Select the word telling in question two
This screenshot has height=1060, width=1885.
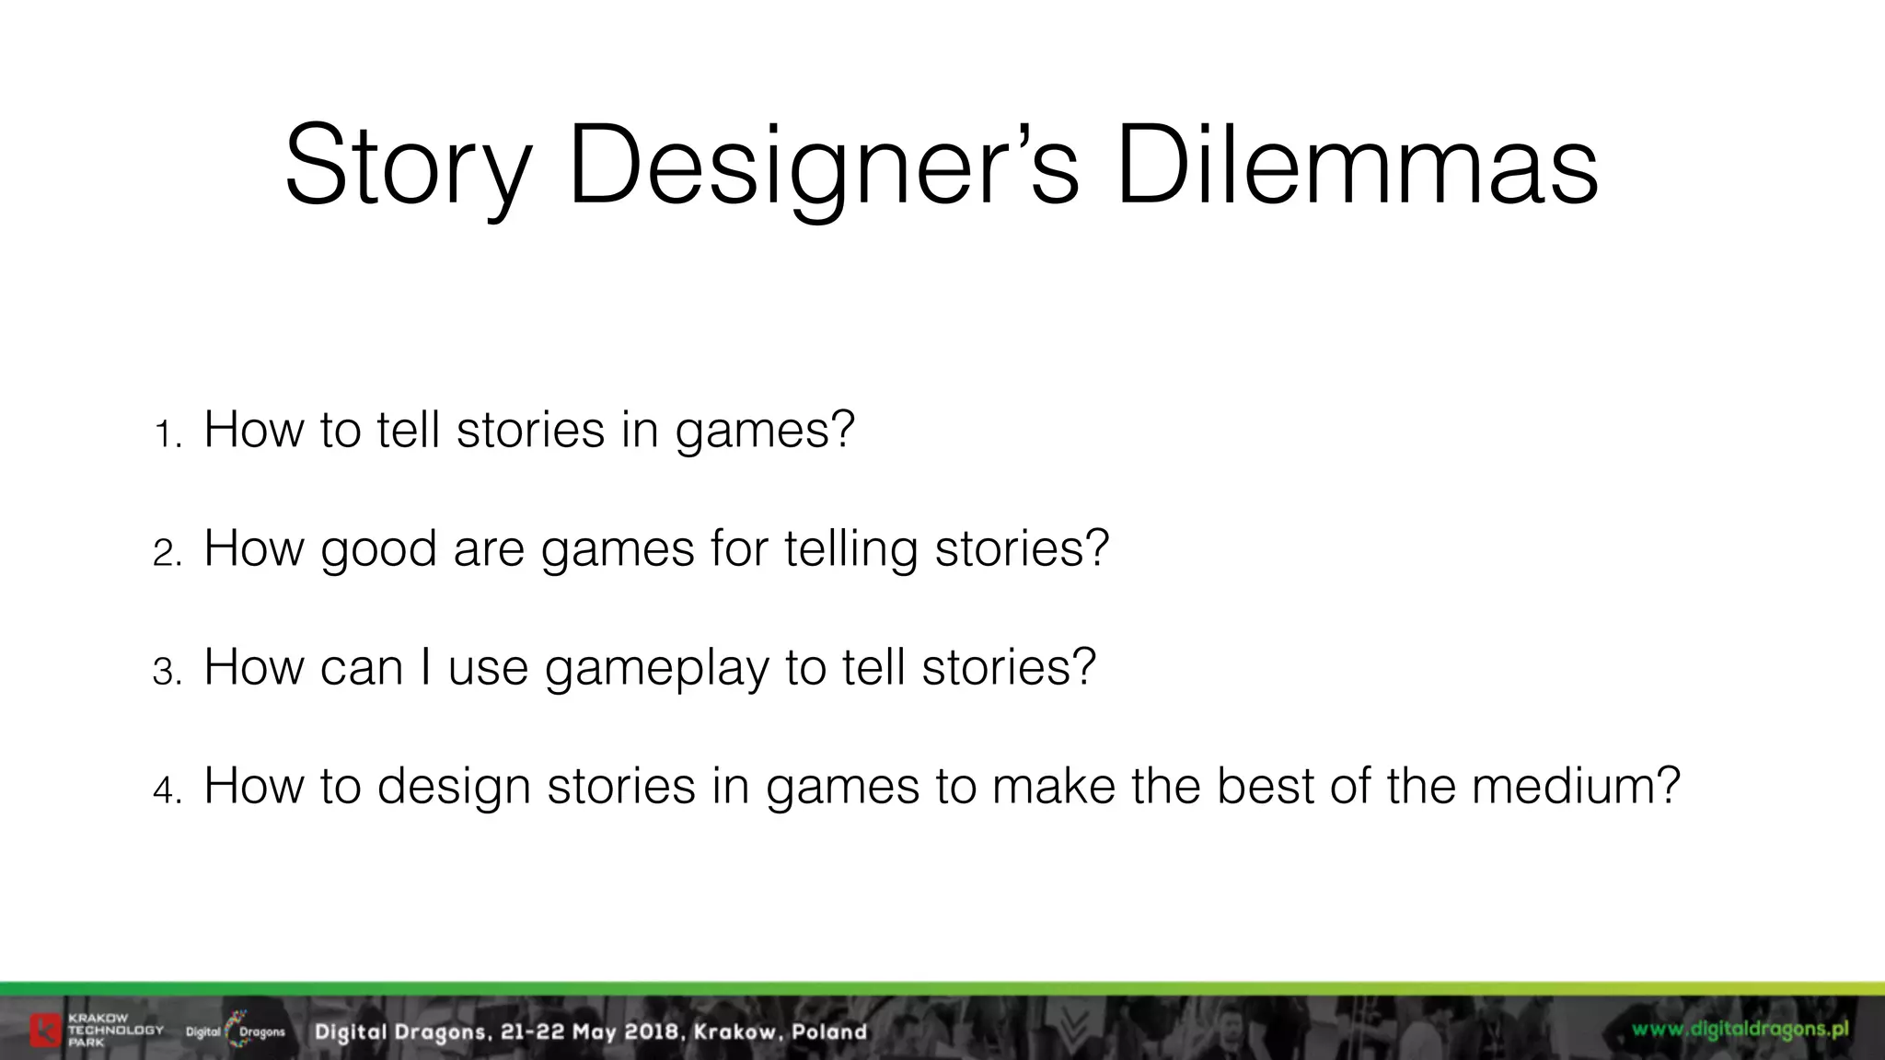point(850,549)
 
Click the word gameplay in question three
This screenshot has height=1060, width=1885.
point(656,668)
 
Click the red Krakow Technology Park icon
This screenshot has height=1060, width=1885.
point(45,1031)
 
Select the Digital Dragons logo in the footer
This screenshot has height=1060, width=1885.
point(236,1031)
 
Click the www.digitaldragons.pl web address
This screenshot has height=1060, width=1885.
point(1740,1030)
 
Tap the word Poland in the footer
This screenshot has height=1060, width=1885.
point(829,1031)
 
